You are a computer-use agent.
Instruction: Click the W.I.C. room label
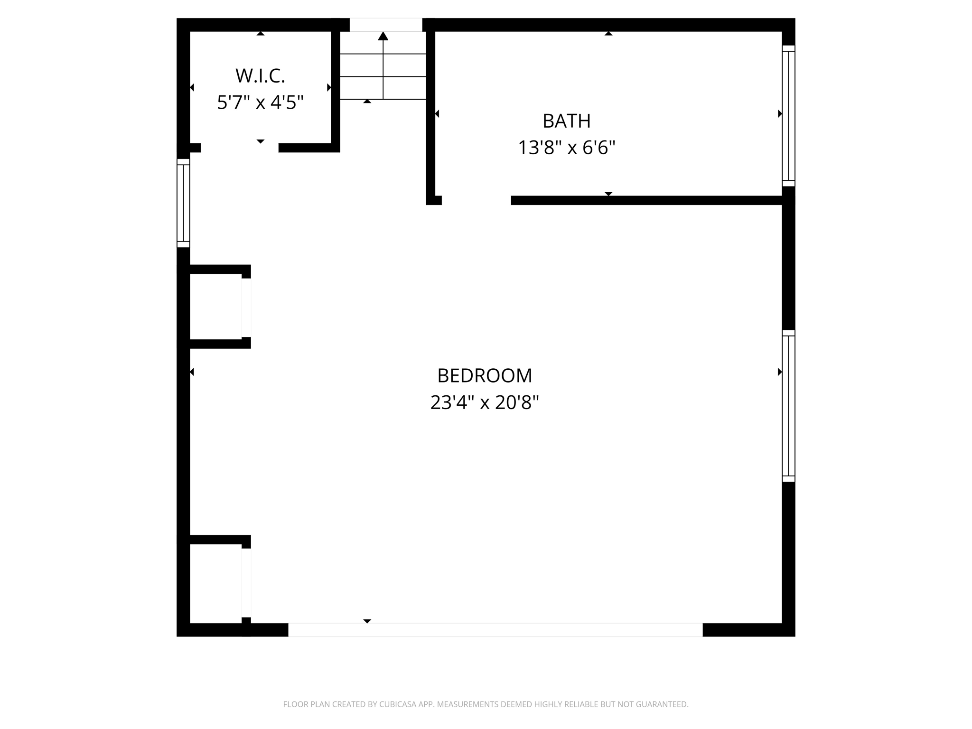pos(260,76)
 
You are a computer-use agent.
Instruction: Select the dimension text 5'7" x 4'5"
pos(260,103)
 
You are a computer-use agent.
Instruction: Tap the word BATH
pos(566,121)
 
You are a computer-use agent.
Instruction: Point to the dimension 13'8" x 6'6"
pos(566,148)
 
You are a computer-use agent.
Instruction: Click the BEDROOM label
pos(485,375)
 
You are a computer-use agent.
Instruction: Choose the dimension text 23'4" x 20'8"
pos(485,402)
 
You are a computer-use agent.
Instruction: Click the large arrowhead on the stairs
pos(383,36)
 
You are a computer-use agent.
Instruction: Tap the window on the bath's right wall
pos(788,116)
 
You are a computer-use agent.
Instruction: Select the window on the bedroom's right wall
pos(788,406)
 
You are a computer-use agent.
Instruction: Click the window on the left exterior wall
pos(183,203)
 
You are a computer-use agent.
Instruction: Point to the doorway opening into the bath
pos(476,200)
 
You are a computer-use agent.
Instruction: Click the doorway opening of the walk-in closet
pos(240,148)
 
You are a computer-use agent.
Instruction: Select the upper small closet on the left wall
pos(216,307)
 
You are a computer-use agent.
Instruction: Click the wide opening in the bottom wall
pos(495,630)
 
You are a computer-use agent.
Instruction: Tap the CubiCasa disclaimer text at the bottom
pos(486,704)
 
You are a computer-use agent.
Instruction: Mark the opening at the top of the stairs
pos(386,25)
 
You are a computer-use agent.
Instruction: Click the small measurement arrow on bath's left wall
pos(437,114)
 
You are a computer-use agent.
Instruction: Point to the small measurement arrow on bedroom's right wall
pos(779,372)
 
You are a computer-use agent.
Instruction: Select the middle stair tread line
pos(383,76)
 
